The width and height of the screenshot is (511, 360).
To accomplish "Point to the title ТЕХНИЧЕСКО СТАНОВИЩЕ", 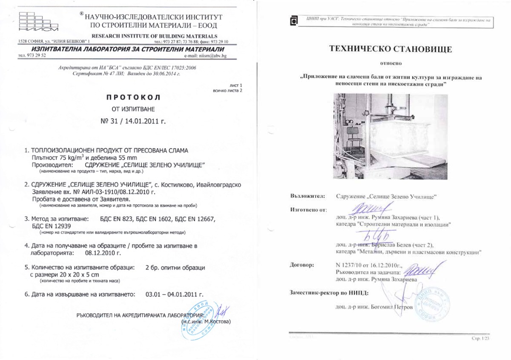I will [390, 49].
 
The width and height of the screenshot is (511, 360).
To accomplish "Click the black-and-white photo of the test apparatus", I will [390, 136].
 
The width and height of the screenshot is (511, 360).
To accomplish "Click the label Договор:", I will [302, 265].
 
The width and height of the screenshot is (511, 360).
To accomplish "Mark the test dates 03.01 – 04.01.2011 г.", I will [174, 294].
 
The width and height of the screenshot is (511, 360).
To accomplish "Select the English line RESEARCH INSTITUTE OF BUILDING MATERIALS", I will [155, 36].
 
